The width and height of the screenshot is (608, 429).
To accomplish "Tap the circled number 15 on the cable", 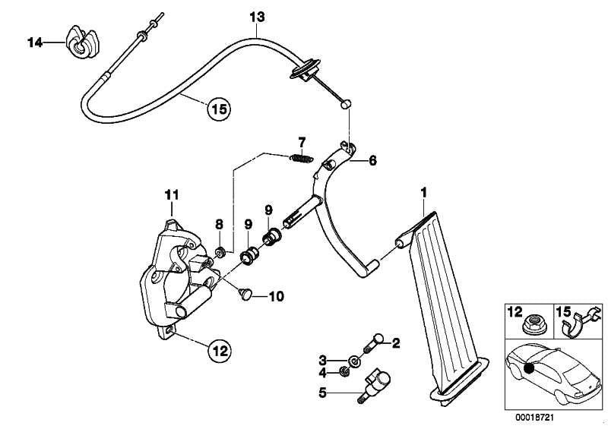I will (x=218, y=109).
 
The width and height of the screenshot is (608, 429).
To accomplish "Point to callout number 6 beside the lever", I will (x=372, y=161).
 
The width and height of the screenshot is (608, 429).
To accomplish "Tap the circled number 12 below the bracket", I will (x=219, y=351).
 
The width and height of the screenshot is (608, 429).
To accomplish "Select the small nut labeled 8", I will (x=217, y=251).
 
